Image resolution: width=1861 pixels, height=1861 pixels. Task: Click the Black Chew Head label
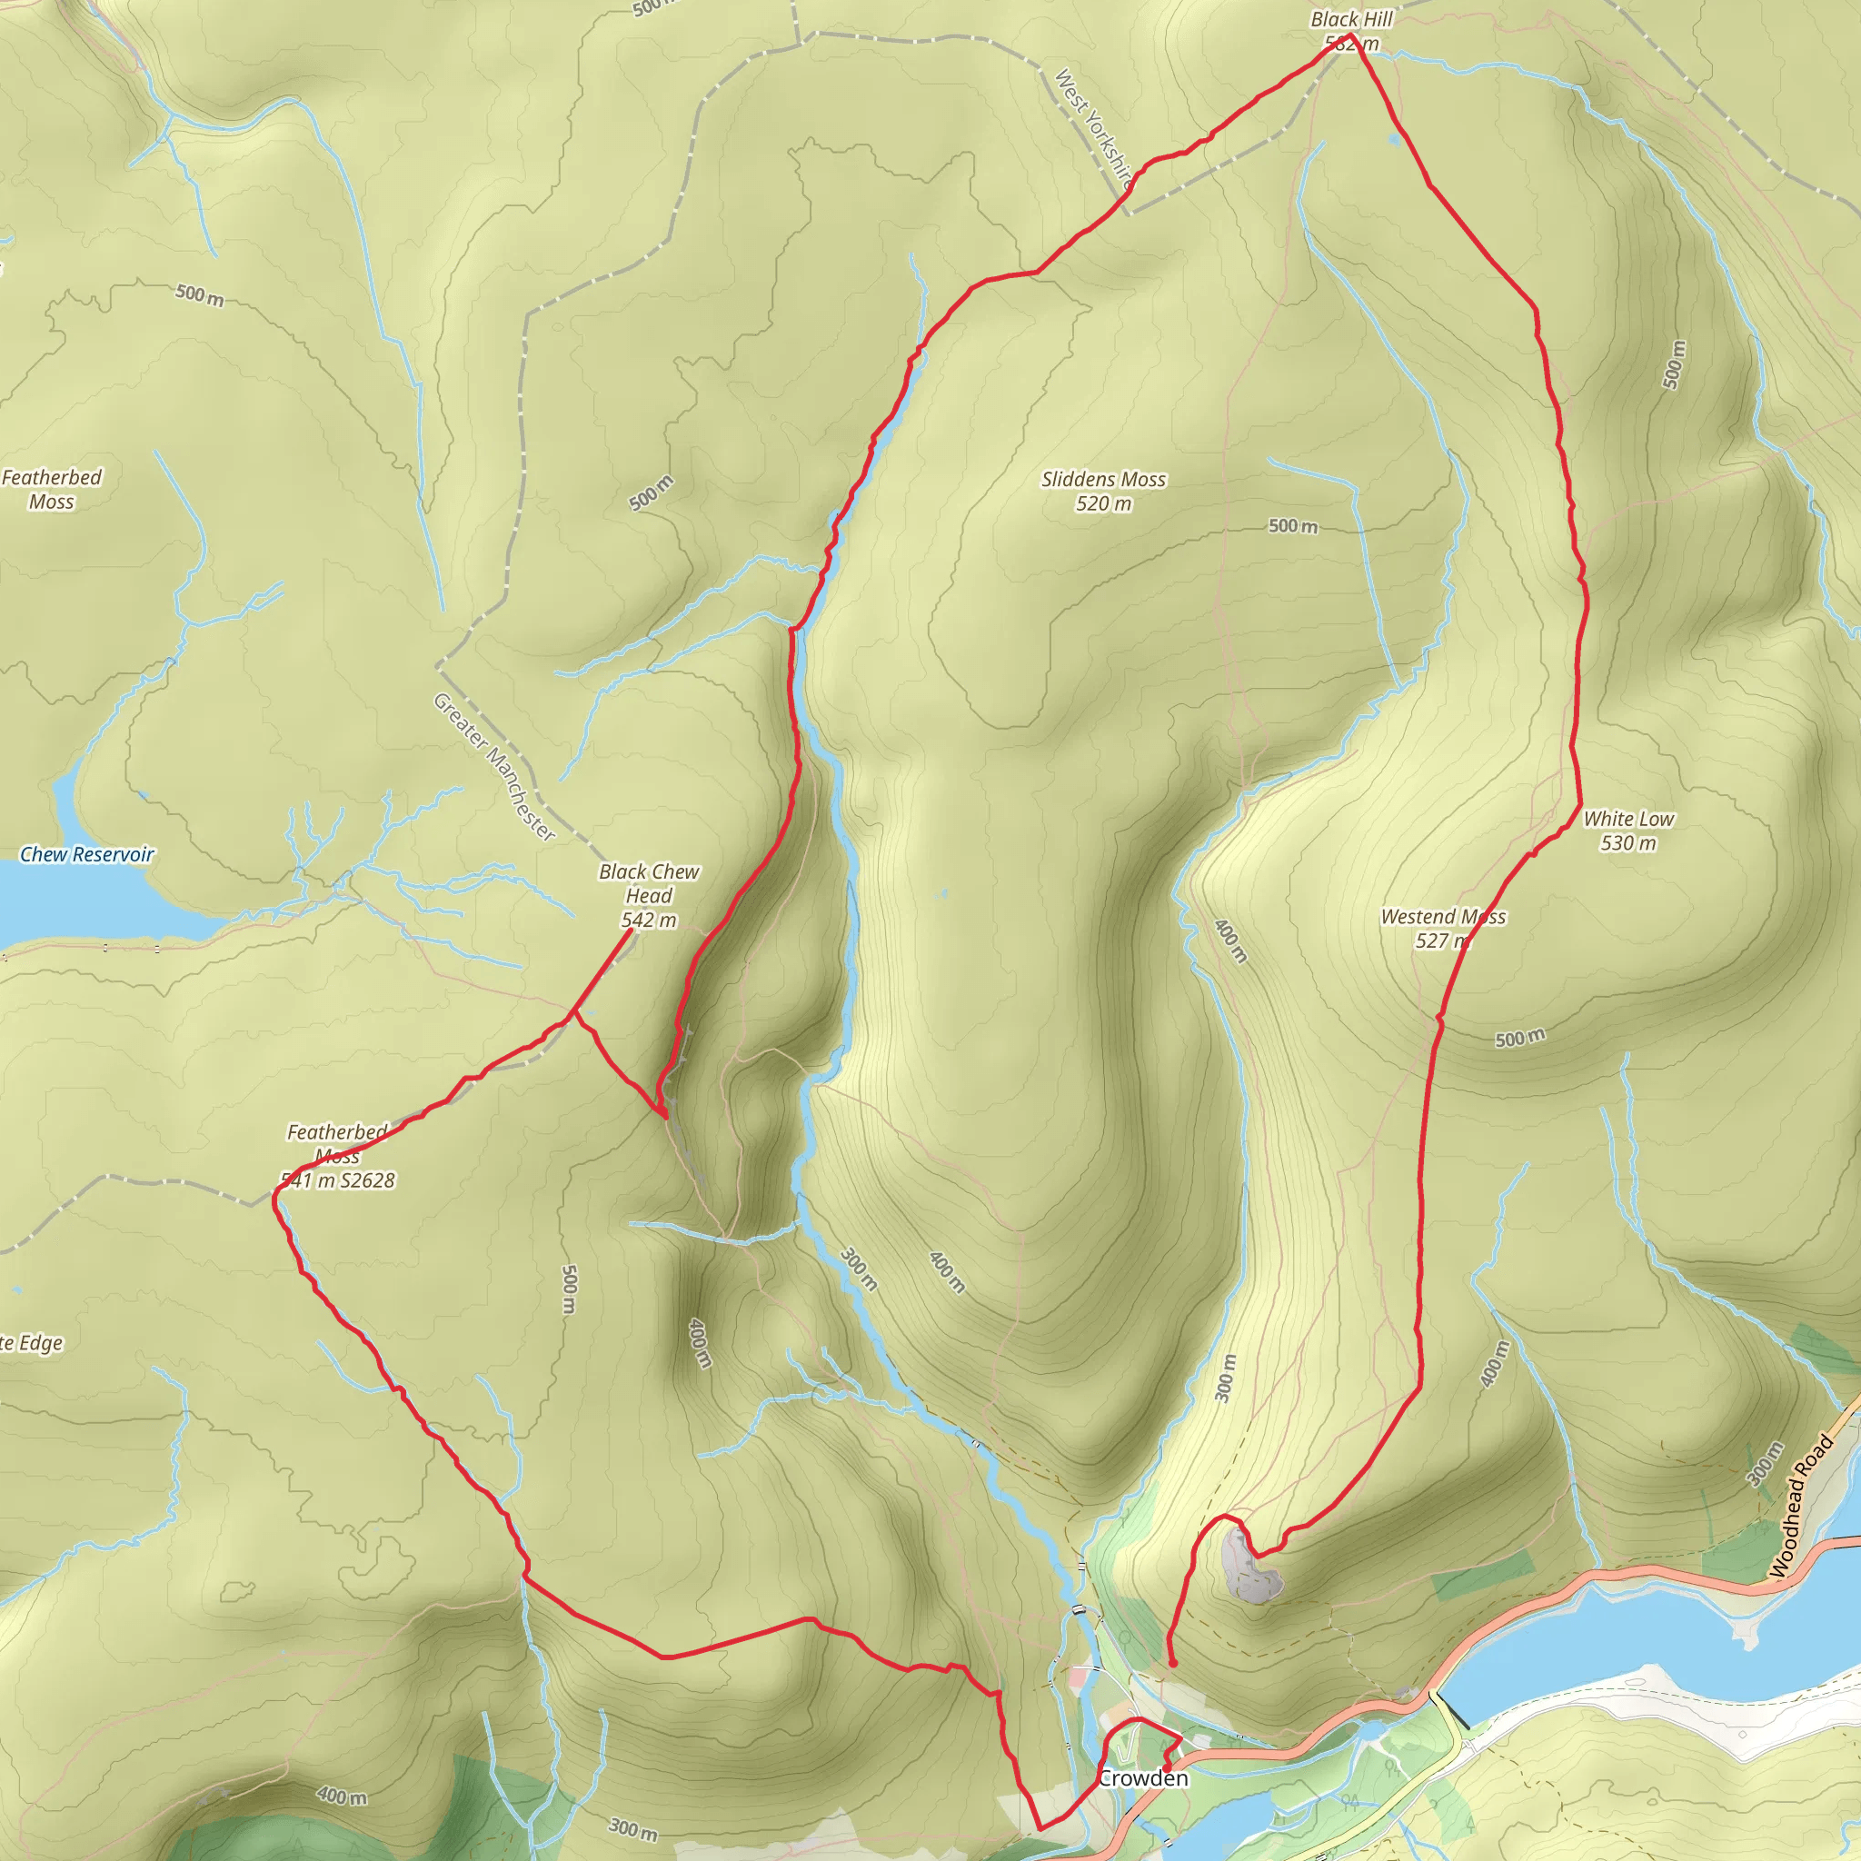point(648,883)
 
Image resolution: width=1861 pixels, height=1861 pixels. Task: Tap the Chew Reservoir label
point(86,854)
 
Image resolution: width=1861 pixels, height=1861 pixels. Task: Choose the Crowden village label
point(1143,1778)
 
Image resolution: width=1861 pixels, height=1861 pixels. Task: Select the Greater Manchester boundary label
point(494,767)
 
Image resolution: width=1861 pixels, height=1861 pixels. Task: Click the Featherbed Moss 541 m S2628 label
point(337,1156)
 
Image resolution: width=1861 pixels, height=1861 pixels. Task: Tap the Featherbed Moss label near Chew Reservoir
point(51,490)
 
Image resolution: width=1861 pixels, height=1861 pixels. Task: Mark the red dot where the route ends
point(1172,1664)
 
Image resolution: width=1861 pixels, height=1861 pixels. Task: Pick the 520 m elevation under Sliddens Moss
point(1103,503)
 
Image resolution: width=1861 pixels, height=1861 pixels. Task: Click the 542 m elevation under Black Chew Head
point(648,921)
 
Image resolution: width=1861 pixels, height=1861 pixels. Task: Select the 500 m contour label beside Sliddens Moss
point(1292,526)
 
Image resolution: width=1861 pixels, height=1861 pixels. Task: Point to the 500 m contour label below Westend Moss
point(1519,1039)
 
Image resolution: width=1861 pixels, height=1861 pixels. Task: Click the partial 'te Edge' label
point(31,1343)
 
